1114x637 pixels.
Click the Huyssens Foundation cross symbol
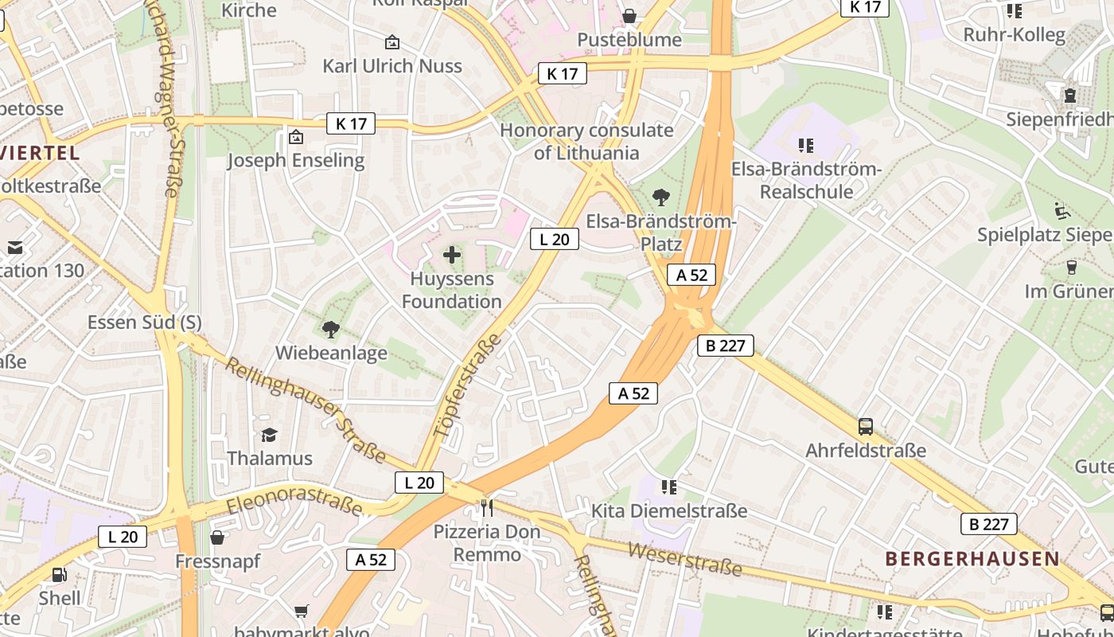pos(452,255)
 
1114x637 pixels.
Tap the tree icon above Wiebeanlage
pos(331,329)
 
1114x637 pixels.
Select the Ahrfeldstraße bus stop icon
pos(866,427)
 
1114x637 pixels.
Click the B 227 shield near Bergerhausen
pos(988,524)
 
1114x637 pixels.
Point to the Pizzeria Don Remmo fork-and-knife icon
pos(487,507)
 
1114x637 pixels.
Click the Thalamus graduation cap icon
pos(270,435)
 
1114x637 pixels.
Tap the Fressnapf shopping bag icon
pos(217,537)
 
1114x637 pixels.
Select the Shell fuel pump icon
pos(59,574)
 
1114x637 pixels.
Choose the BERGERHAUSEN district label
pos(972,559)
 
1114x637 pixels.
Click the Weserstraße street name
pos(684,559)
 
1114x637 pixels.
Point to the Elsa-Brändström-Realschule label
pos(806,181)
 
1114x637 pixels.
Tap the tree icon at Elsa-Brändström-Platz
pos(660,197)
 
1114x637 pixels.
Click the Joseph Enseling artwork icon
pos(296,137)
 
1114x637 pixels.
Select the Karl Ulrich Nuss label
pos(392,65)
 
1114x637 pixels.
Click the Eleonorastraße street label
pos(294,502)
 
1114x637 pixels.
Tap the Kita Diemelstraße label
pos(669,510)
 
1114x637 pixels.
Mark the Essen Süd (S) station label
pos(144,322)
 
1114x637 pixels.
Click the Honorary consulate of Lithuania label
pos(586,142)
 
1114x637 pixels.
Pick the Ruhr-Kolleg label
pos(1014,34)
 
